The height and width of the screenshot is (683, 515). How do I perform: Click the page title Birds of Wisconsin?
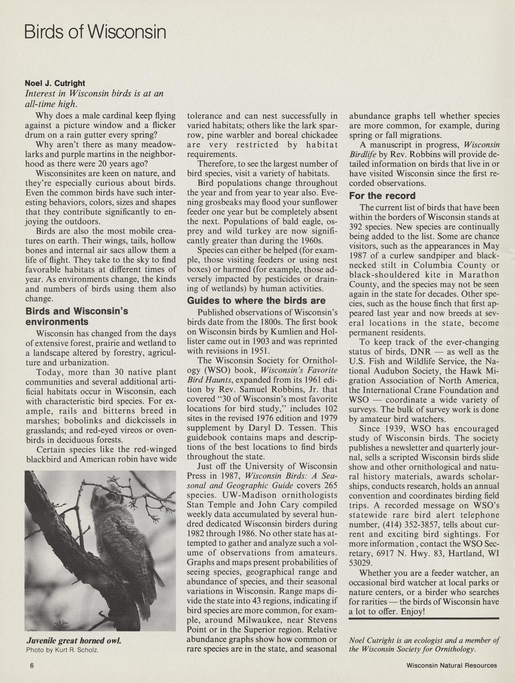(94, 33)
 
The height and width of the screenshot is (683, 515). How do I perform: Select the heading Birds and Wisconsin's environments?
(77, 316)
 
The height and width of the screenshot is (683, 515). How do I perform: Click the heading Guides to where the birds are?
(256, 300)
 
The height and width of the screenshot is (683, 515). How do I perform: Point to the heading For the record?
(382, 195)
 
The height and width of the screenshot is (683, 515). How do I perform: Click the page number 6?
(31, 665)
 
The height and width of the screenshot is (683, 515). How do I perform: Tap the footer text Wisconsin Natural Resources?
(451, 665)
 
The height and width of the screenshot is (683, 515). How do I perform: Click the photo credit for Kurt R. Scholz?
(62, 649)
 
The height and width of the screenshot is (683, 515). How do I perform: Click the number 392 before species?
(357, 227)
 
